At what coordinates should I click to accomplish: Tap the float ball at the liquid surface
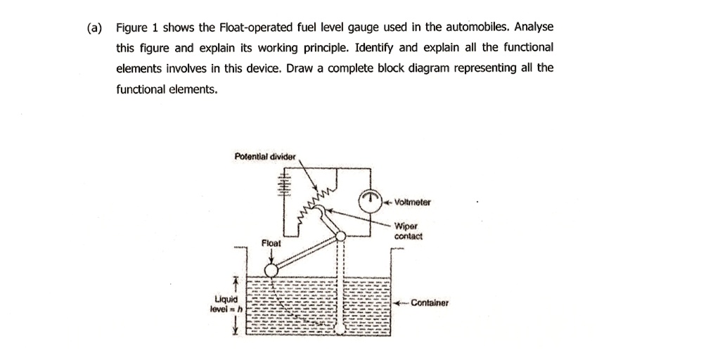click(271, 271)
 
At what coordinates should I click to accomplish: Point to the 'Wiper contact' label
click(409, 232)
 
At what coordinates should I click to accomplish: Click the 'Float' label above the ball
click(271, 243)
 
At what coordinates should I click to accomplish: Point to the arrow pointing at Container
click(401, 303)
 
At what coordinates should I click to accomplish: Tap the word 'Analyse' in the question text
click(534, 27)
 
